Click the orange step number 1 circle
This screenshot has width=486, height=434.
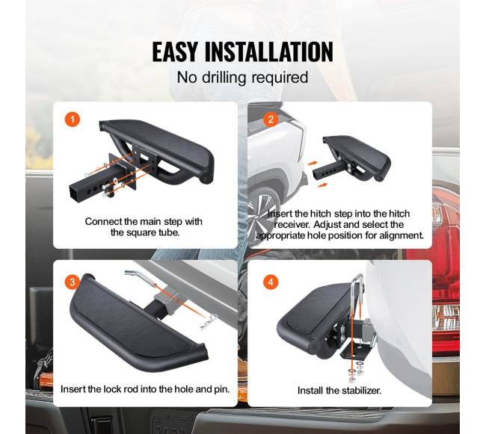[x=73, y=120]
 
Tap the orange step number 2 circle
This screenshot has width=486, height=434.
[x=271, y=120]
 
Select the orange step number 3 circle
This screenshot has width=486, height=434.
[x=73, y=282]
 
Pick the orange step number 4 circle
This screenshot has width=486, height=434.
[x=271, y=282]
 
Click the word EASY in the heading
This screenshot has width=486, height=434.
[x=175, y=52]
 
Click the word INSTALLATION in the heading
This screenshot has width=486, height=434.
[x=269, y=52]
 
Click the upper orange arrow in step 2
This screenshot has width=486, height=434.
[x=313, y=163]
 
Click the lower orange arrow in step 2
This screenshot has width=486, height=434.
[x=322, y=185]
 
